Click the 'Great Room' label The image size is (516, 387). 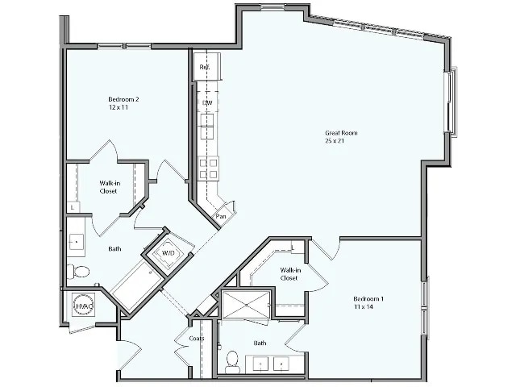tap(341, 133)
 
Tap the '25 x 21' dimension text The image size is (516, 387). tap(335, 141)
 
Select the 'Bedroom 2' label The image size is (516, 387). tap(123, 99)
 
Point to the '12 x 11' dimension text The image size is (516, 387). tap(119, 107)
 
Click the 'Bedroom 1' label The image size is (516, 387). tap(368, 299)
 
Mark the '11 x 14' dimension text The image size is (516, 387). tap(363, 307)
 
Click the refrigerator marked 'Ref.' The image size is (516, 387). tap(205, 67)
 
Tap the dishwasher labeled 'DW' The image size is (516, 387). tap(207, 103)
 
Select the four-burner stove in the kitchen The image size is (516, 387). tap(208, 168)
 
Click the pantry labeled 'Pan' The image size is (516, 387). tap(220, 215)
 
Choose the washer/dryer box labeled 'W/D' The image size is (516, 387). tap(169, 253)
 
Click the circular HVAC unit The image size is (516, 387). tap(83, 306)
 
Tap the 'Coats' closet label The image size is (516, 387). tap(196, 339)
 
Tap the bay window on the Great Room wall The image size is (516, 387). tap(452, 101)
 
